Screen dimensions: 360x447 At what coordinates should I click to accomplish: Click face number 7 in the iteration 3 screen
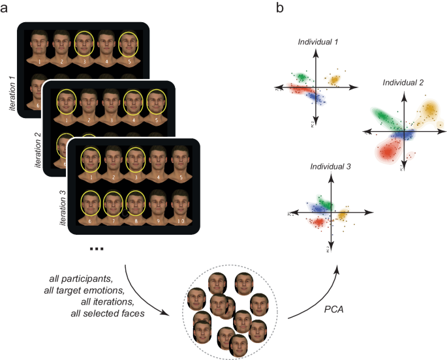(112, 203)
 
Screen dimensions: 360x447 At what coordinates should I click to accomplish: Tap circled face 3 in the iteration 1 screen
(83, 45)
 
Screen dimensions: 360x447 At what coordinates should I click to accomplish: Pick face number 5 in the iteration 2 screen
(155, 104)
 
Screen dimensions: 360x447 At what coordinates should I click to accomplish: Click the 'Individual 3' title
(330, 168)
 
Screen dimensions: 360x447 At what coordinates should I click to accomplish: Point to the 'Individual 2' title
(403, 83)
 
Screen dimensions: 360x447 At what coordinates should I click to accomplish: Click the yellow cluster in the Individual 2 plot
(431, 112)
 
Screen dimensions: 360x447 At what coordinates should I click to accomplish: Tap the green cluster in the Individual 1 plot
(302, 78)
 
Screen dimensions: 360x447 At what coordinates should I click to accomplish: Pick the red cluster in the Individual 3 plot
(318, 222)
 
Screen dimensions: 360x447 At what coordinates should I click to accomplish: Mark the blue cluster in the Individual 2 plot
(407, 134)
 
